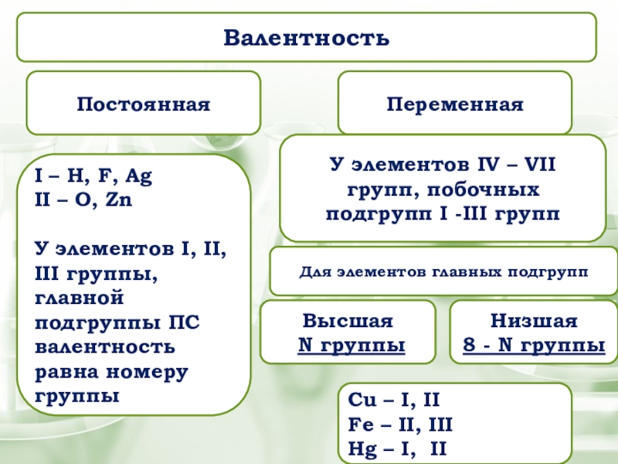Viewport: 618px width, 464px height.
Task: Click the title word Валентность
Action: click(307, 36)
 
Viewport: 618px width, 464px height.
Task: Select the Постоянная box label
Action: click(143, 104)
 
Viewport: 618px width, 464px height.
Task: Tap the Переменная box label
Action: click(455, 104)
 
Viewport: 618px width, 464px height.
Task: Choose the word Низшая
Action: click(534, 322)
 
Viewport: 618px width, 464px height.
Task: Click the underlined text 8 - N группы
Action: click(534, 346)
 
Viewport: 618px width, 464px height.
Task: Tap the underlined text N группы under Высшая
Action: click(352, 346)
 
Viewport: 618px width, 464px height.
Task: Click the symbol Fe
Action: click(361, 425)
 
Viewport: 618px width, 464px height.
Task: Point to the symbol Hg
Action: click(362, 448)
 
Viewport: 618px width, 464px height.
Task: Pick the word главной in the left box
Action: click(80, 298)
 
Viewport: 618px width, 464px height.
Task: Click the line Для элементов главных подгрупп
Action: click(443, 272)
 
